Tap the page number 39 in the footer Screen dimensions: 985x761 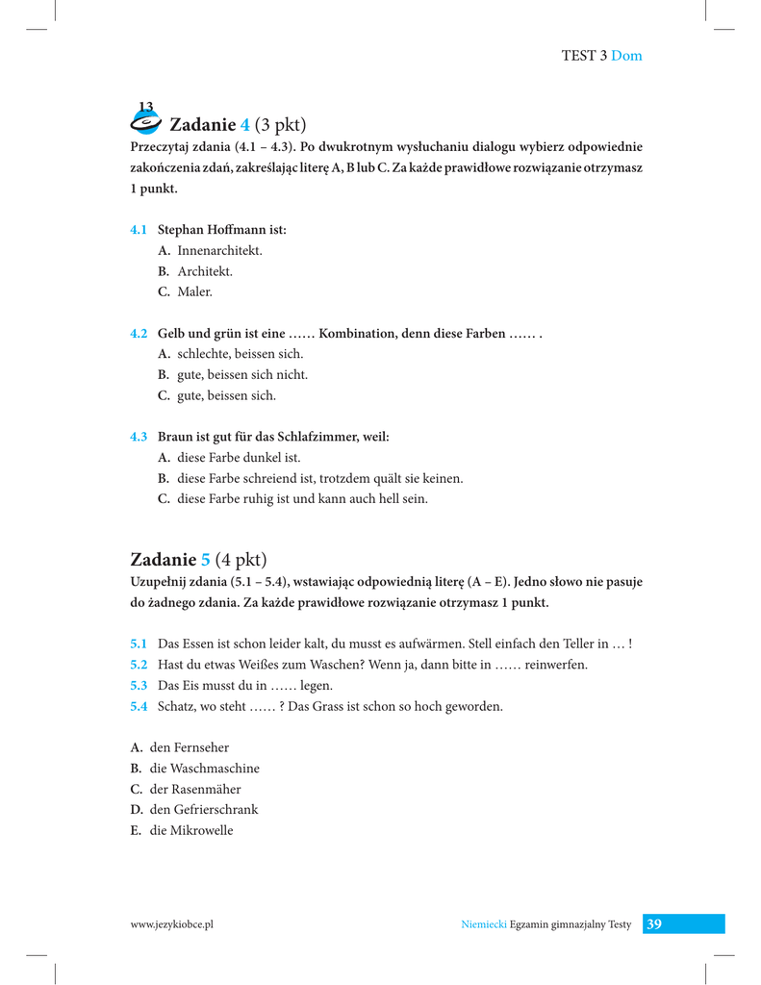(654, 924)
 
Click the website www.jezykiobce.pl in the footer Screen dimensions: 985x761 (171, 924)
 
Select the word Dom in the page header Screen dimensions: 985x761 (626, 56)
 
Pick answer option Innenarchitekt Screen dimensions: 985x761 (219, 250)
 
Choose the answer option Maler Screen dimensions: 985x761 (193, 291)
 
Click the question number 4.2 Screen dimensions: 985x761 (139, 333)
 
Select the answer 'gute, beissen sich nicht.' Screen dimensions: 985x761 (242, 374)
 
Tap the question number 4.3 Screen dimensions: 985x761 (139, 437)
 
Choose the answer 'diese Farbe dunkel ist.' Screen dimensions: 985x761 (239, 458)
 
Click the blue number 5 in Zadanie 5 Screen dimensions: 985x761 (204, 559)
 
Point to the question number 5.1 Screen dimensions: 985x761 (139, 644)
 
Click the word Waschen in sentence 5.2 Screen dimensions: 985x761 (342, 665)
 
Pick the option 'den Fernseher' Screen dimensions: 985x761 (190, 747)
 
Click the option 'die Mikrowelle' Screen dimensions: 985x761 (191, 830)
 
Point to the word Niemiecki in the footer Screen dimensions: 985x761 (484, 924)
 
